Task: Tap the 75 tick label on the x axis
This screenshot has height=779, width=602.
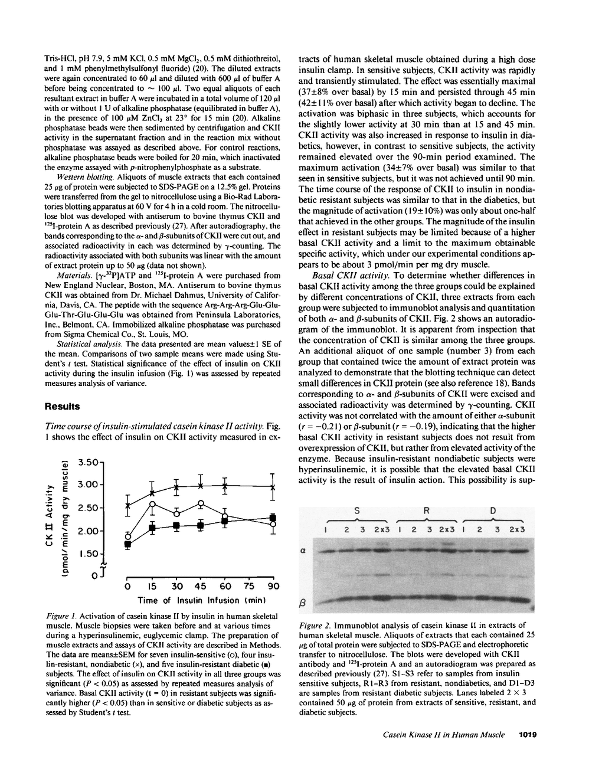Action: click(249, 587)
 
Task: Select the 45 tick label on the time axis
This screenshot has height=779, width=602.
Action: click(201, 587)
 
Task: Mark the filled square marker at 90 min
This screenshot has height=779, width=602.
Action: click(273, 518)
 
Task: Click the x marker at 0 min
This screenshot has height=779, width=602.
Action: click(128, 505)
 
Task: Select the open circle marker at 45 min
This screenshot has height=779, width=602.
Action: click(201, 504)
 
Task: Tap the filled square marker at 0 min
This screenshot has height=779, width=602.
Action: click(128, 544)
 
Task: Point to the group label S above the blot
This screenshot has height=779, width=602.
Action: click(357, 510)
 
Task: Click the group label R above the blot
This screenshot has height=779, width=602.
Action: click(426, 510)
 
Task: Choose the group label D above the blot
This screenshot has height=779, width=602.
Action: click(493, 510)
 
